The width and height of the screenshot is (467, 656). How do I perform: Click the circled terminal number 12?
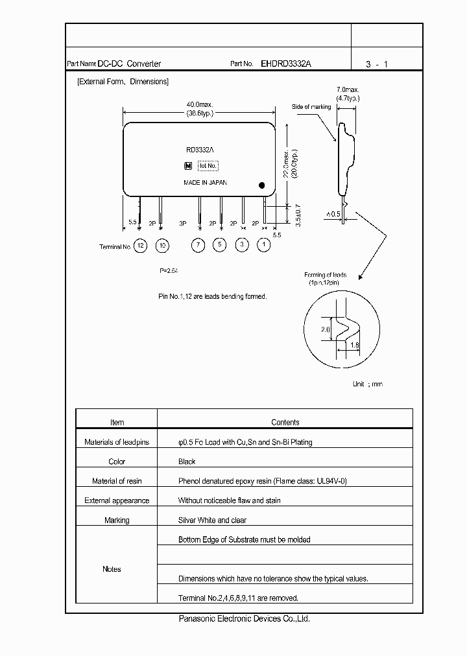point(141,246)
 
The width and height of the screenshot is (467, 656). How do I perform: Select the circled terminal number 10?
point(162,246)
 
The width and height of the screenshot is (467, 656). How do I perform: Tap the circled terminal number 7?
point(198,246)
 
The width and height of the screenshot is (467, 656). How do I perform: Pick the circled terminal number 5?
point(220,246)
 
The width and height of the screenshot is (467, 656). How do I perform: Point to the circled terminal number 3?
point(242,246)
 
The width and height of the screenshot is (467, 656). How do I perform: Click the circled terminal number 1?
point(263,246)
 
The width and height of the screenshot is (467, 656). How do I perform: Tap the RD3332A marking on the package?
point(200,150)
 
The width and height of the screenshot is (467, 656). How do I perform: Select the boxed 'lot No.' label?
point(208,166)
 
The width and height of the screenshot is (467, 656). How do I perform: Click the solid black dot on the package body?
point(262,184)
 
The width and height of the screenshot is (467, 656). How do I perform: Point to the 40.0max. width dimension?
point(200,104)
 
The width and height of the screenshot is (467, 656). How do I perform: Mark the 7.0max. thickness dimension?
point(348,89)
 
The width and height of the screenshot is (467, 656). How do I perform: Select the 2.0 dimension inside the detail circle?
point(325,330)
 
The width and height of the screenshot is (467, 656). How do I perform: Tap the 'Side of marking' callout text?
point(311,107)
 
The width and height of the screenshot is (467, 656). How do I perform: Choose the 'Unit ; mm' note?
point(367,384)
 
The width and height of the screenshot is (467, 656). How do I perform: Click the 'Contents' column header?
point(285,423)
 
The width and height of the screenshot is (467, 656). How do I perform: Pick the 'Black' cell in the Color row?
point(187,462)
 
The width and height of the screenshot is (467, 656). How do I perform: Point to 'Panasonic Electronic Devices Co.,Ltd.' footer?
point(245,619)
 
